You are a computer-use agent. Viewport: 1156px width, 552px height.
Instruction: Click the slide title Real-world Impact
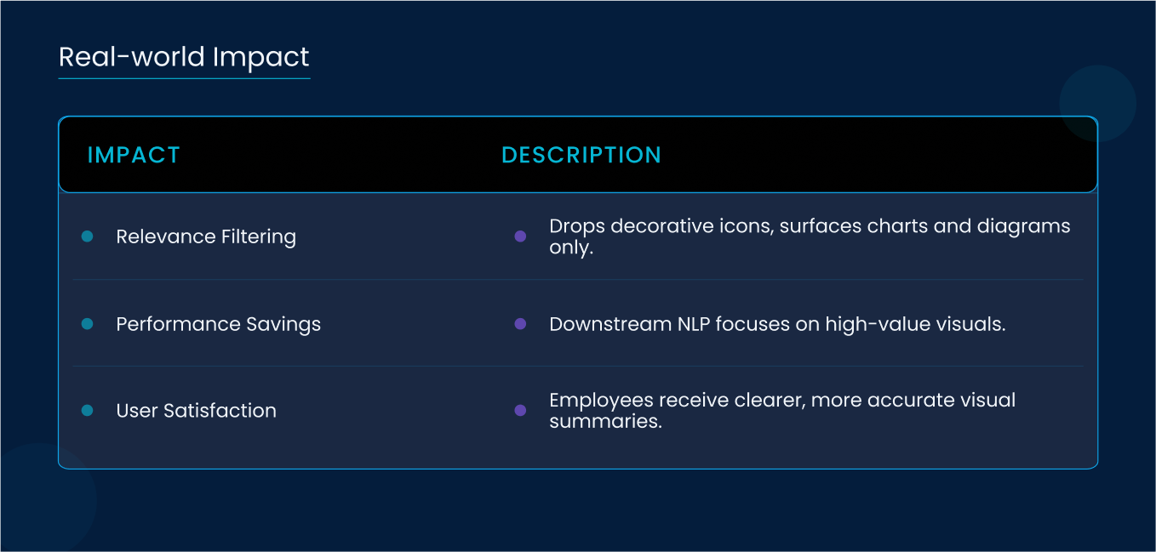coord(184,57)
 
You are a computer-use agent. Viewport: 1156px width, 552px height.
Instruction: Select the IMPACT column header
coord(134,155)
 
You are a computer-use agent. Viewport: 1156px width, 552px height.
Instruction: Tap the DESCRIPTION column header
coord(581,155)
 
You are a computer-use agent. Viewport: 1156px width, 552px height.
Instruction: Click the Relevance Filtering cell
coord(206,236)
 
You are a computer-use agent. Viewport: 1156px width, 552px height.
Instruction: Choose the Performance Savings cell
coord(218,324)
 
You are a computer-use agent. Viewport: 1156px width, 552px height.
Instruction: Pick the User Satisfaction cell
coord(196,410)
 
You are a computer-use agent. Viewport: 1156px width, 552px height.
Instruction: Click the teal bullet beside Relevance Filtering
coord(87,236)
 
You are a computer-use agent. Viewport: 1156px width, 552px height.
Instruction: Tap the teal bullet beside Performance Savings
coord(87,324)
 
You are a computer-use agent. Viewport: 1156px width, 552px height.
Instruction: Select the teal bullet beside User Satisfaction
coord(87,410)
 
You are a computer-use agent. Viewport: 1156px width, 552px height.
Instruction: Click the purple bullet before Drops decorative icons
coord(520,236)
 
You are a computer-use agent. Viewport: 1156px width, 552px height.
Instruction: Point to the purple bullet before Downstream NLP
coord(520,324)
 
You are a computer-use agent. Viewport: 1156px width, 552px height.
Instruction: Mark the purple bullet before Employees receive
coord(520,410)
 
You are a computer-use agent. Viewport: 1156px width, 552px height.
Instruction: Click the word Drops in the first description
coord(577,227)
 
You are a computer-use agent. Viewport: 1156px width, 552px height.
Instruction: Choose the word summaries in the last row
coord(605,422)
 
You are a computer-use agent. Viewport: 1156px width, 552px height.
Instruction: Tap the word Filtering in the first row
coord(259,236)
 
